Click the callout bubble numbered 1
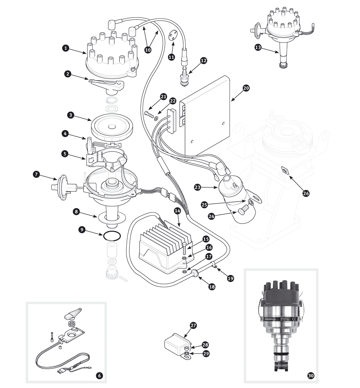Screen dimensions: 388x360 (x=66, y=48)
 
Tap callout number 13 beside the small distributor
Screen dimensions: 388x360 (x=258, y=47)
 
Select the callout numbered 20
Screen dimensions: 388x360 (x=246, y=88)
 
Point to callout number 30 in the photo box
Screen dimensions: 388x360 (x=310, y=375)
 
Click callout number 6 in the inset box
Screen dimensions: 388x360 (x=99, y=375)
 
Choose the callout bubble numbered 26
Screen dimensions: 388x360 (x=306, y=193)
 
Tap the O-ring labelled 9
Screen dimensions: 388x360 (x=112, y=237)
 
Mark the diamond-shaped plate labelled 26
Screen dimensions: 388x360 (x=284, y=170)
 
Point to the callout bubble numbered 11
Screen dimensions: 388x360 (x=171, y=57)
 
